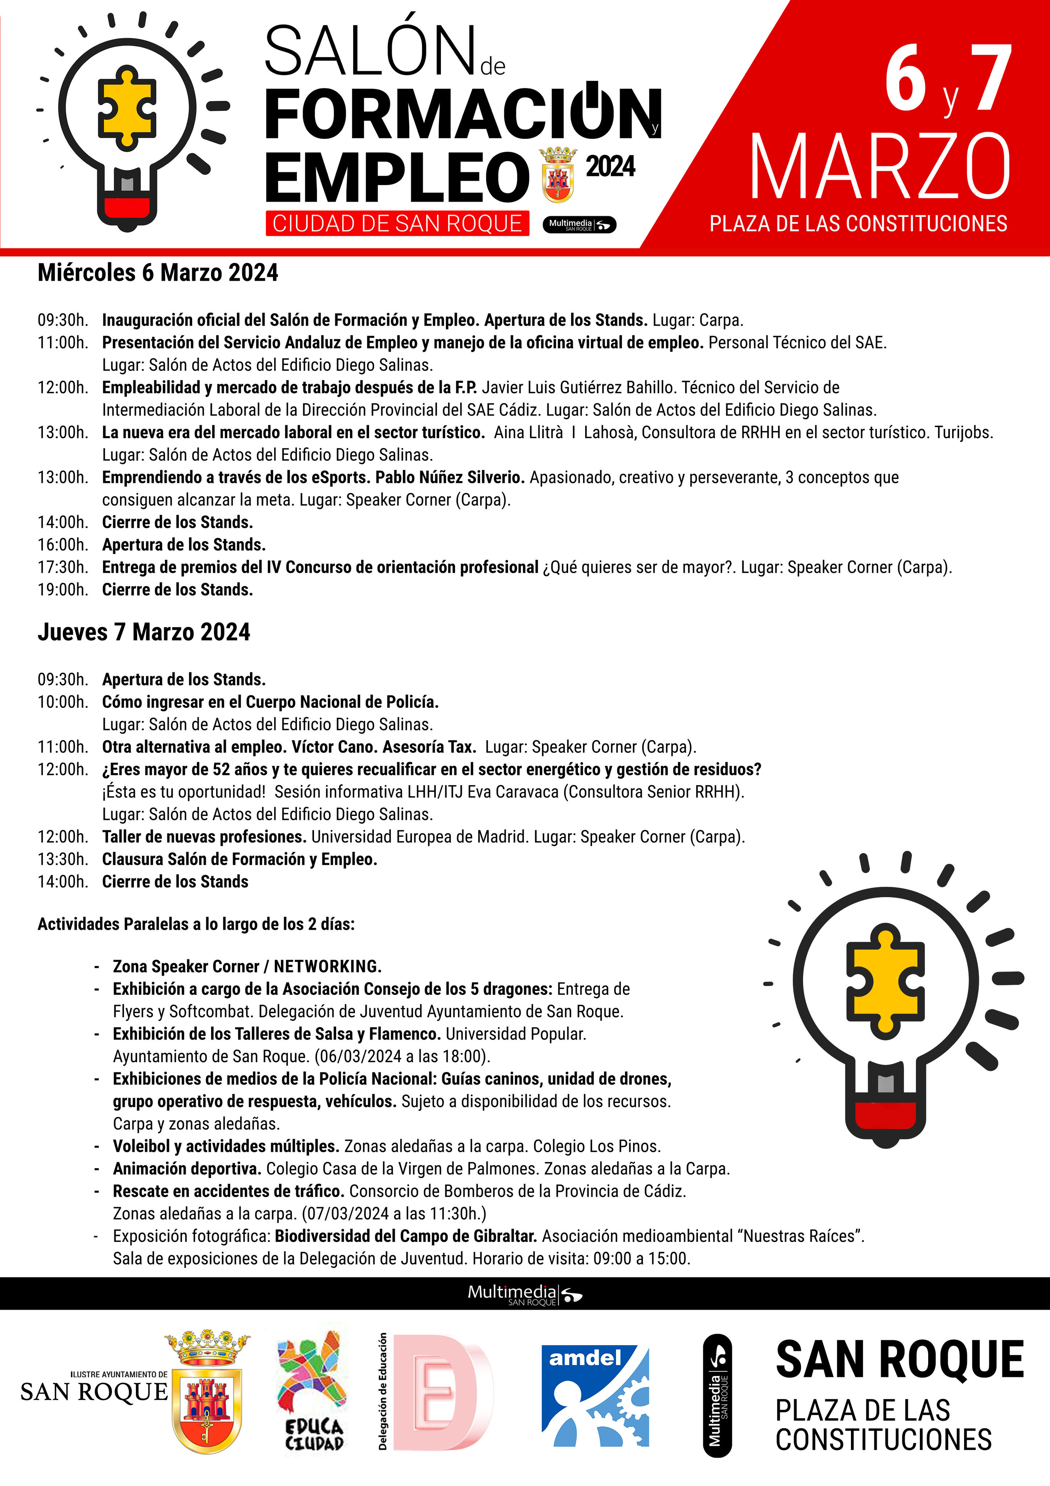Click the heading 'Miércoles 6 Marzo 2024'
coord(158,272)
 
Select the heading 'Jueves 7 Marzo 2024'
coord(144,632)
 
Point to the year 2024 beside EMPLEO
coord(610,166)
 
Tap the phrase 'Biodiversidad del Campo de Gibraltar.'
coord(406,1236)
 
